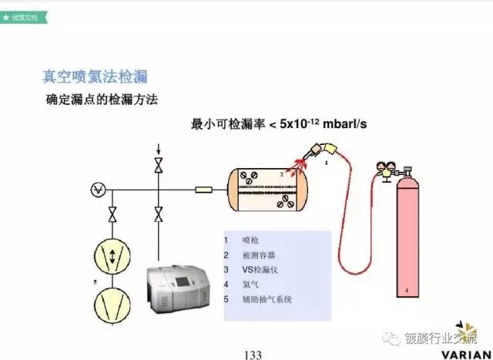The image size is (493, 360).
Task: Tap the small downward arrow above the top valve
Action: (x=159, y=148)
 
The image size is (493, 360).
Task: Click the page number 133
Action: (x=253, y=354)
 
